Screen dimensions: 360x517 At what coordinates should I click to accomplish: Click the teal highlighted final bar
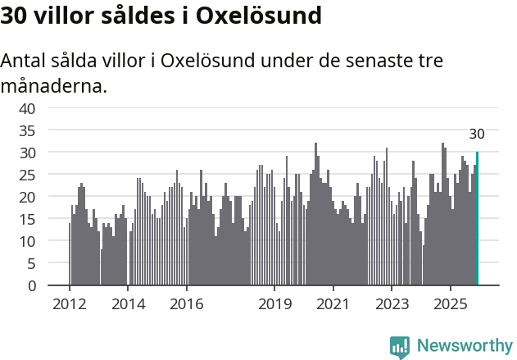[477, 219]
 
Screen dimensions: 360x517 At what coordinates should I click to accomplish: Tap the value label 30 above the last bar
[477, 134]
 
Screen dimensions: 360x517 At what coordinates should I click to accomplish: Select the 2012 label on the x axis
[69, 304]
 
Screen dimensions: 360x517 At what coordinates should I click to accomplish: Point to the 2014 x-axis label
[128, 304]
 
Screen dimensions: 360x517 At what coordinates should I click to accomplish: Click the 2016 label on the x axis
[187, 304]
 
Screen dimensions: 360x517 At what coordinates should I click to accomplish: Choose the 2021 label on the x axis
[333, 304]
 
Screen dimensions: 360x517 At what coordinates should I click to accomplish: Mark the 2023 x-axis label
[392, 304]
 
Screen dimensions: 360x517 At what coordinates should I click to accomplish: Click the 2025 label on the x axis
[451, 304]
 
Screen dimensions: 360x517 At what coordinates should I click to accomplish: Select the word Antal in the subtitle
[25, 62]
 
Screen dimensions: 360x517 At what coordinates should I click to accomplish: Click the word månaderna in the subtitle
[53, 85]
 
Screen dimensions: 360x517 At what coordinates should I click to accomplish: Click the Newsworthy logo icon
[400, 346]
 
